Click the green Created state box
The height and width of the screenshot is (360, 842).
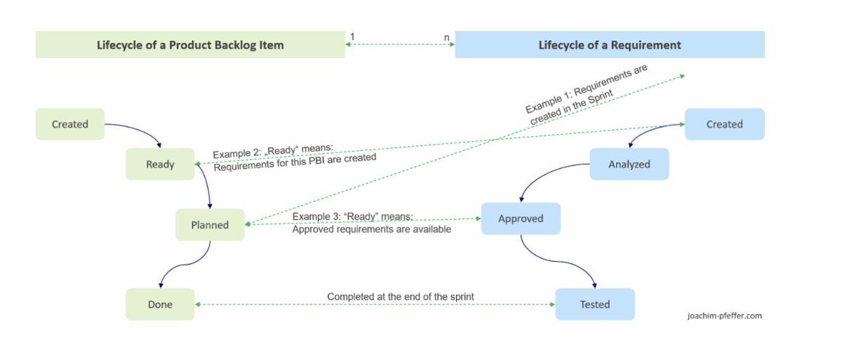pos(70,124)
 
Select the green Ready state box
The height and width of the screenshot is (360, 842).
pos(160,164)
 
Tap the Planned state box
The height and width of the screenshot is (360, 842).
pos(210,225)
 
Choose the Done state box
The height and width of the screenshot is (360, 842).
pos(160,305)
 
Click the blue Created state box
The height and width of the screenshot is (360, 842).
pos(724,124)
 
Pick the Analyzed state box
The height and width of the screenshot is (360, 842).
pos(629,164)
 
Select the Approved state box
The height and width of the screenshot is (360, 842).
pos(521,218)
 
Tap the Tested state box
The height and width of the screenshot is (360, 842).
pos(594,305)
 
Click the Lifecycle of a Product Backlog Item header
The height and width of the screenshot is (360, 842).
pos(190,45)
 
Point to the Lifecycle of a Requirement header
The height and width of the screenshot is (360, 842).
pos(609,45)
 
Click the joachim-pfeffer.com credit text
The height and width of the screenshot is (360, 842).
pos(724,316)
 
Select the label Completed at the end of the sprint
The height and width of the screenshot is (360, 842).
pos(400,297)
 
